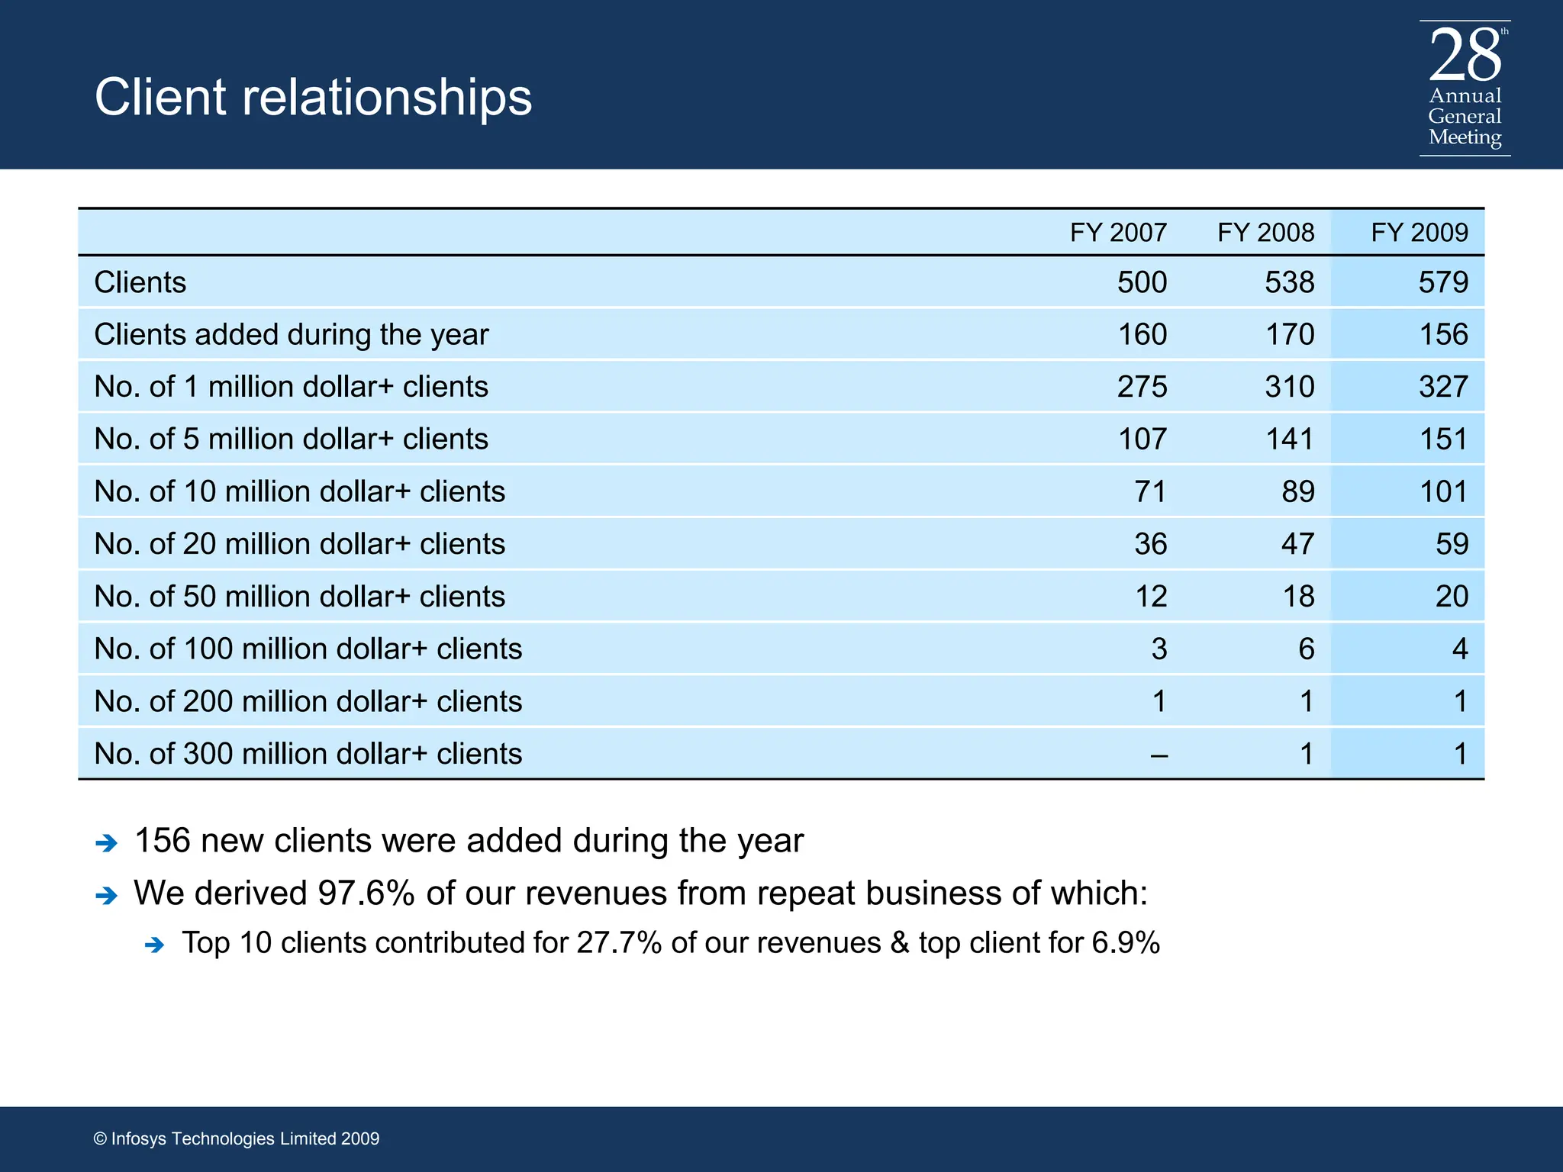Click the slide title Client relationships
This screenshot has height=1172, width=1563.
point(313,98)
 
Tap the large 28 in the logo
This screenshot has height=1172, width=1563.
point(1465,55)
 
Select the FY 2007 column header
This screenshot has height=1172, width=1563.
point(1118,232)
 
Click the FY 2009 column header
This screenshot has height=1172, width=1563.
point(1419,232)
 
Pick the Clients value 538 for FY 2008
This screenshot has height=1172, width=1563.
point(1289,282)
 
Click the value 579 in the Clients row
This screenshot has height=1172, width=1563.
point(1442,282)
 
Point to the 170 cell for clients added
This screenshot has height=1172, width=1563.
point(1290,334)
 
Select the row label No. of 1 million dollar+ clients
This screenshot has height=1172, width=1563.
point(291,387)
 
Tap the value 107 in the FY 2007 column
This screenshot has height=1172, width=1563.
point(1142,439)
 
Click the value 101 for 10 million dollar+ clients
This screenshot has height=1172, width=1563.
point(1442,491)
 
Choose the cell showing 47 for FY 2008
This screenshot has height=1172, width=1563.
point(1297,544)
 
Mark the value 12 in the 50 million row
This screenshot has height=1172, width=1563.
point(1151,596)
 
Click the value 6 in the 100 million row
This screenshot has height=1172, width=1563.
point(1306,649)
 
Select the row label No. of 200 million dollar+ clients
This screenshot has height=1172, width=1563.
point(308,701)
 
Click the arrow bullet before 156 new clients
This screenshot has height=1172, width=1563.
point(106,843)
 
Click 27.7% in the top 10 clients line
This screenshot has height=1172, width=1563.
point(618,943)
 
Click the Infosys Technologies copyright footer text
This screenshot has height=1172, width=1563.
point(237,1138)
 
